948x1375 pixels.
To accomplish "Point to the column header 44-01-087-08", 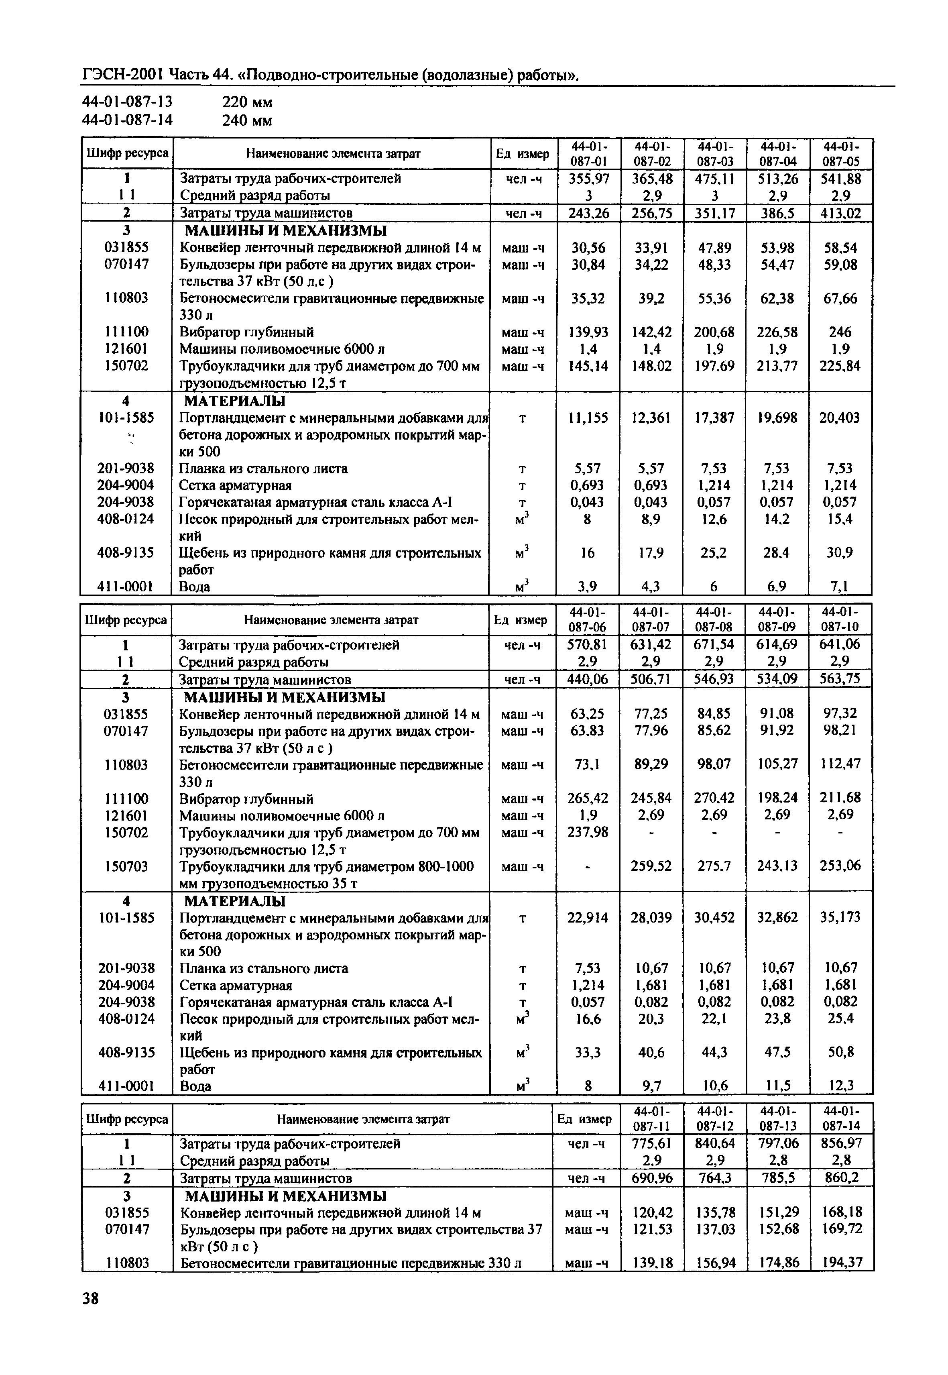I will click(714, 619).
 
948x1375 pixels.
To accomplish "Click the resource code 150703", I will click(126, 866).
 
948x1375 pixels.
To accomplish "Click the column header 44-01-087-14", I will click(842, 1119).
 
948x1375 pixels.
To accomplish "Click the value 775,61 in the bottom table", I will click(652, 1143).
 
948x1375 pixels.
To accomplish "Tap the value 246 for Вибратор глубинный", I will click(840, 332).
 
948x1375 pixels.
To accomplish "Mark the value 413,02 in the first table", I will click(840, 213).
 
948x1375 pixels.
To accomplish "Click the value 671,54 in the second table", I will click(714, 645).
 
